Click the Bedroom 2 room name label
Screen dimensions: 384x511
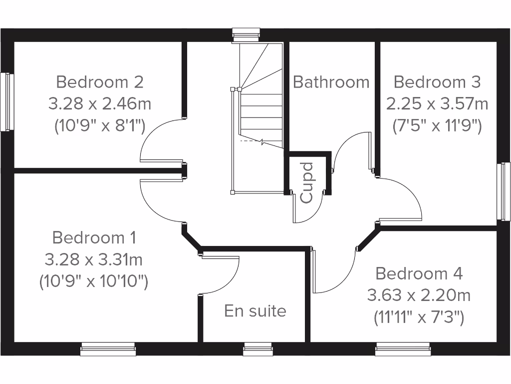point(100,81)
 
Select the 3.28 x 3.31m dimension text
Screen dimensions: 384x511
point(94,259)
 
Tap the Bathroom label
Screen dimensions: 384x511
point(331,81)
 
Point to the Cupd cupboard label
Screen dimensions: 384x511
point(307,182)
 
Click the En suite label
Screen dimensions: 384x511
point(255,311)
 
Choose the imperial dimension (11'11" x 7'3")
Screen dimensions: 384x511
point(419,317)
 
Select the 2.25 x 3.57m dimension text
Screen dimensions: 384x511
point(437,104)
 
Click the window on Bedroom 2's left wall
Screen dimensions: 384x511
point(6,102)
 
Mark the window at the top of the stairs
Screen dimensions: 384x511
point(247,34)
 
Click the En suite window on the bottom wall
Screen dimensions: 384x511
point(257,349)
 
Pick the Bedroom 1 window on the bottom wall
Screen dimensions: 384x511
point(108,349)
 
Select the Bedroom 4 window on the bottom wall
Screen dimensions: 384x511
point(403,349)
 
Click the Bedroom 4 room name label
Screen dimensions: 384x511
point(419,273)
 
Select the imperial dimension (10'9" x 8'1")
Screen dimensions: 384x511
point(100,126)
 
